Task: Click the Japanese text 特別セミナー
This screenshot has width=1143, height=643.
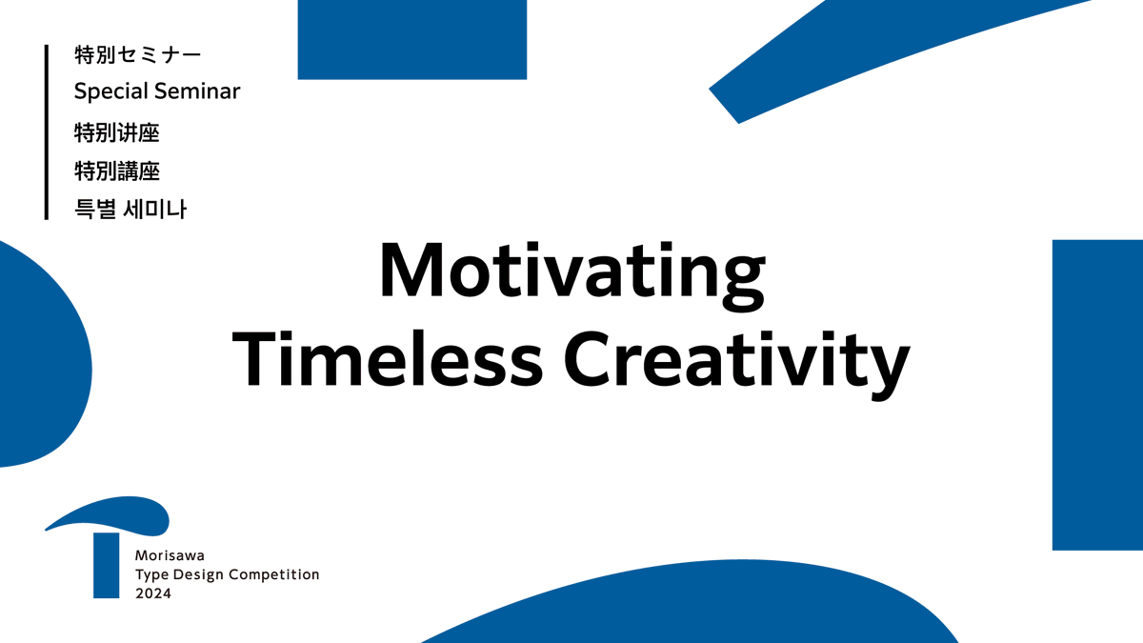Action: coord(137,55)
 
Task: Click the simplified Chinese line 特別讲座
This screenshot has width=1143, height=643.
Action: coord(116,131)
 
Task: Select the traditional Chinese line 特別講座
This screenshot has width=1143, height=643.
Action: coord(116,171)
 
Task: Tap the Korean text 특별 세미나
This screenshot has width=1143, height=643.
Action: coord(130,210)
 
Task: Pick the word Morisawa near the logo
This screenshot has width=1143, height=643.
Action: coord(164,555)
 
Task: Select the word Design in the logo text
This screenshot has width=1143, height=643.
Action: coord(197,574)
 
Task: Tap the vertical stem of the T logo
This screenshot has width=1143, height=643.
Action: coord(106,567)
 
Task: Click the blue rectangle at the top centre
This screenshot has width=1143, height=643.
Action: coord(411,38)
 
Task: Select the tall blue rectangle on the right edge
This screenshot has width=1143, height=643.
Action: coord(1096,394)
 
